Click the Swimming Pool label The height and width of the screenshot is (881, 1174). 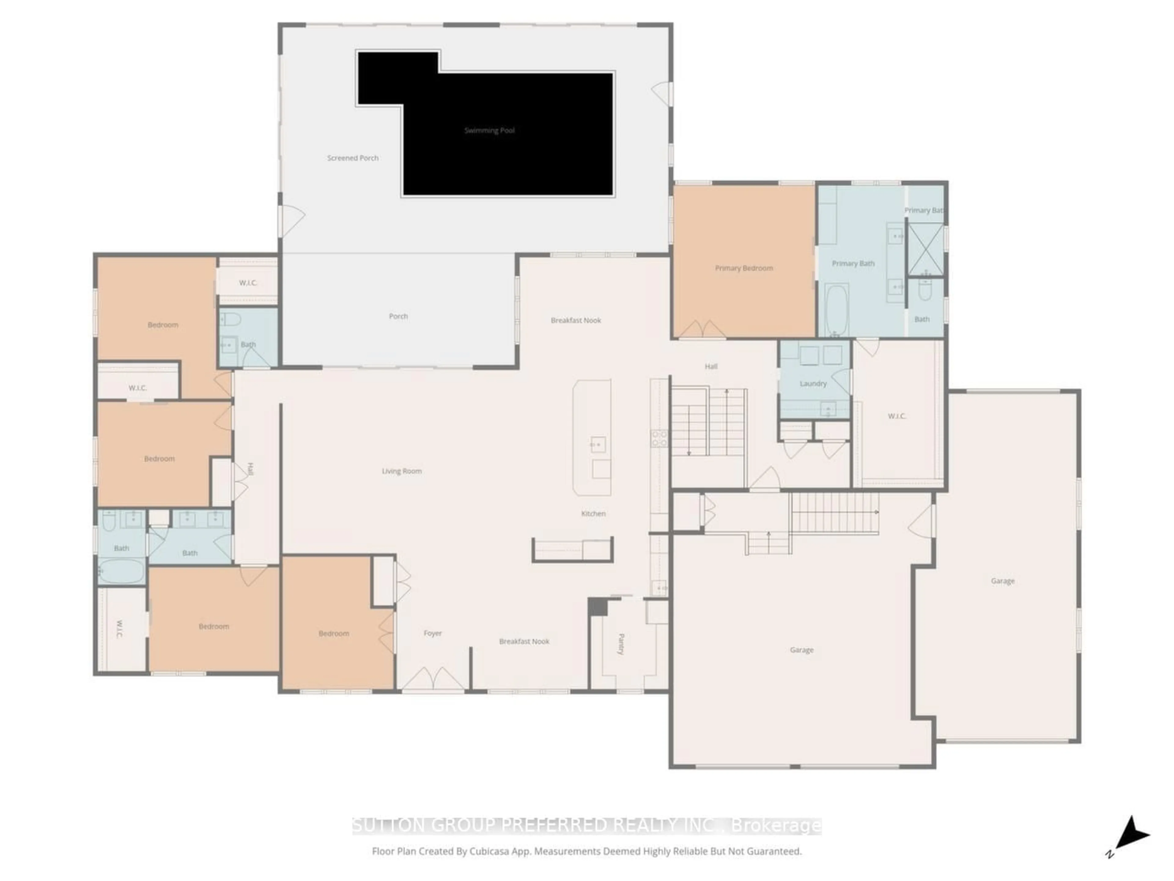pyautogui.click(x=489, y=131)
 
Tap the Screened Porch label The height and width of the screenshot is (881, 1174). pyautogui.click(x=353, y=158)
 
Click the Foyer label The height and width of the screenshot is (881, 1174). pyautogui.click(x=433, y=633)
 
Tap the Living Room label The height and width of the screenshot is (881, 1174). pyautogui.click(x=402, y=471)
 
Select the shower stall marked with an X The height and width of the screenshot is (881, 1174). pyautogui.click(x=925, y=249)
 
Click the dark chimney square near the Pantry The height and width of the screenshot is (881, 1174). pyautogui.click(x=598, y=606)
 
